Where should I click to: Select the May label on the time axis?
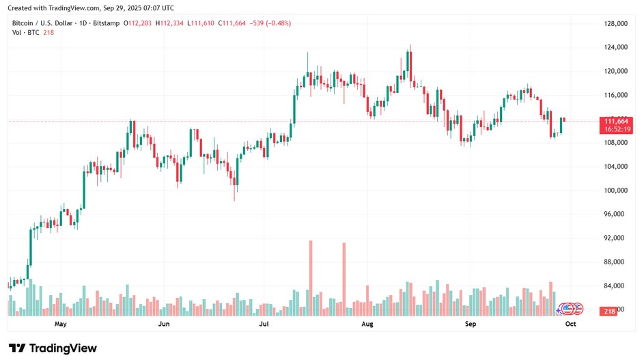[x=61, y=324]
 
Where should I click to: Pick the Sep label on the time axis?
[x=470, y=324]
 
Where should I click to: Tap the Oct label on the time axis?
[x=571, y=324]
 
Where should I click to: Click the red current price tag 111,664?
[x=612, y=121]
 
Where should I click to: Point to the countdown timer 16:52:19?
[x=612, y=129]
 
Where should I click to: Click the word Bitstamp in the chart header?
[x=107, y=23]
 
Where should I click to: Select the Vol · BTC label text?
[x=26, y=32]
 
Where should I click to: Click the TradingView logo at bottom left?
[x=53, y=348]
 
